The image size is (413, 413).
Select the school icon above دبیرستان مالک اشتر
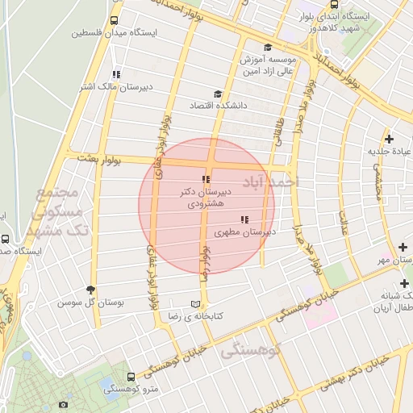(116, 74)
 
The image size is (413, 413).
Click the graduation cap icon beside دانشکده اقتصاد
(216, 94)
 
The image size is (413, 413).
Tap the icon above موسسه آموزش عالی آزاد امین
(267, 48)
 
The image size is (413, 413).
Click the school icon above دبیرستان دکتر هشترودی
(206, 179)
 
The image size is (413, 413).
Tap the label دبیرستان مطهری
(245, 232)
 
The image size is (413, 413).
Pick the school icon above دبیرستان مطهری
(244, 219)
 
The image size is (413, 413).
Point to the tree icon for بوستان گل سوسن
(90, 290)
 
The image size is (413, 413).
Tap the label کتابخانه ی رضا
(194, 316)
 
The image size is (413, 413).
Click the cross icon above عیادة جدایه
(390, 138)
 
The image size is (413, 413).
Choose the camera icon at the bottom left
(64, 403)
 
